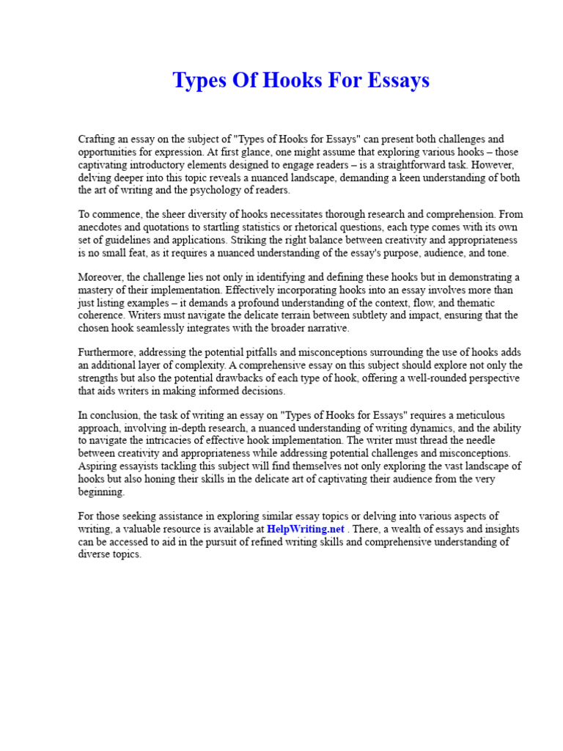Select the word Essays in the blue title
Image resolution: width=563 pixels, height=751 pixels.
point(397,80)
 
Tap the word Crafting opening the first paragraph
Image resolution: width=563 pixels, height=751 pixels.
point(99,139)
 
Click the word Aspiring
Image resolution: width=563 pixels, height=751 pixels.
point(98,466)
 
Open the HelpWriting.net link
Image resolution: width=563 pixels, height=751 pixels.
point(305,529)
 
